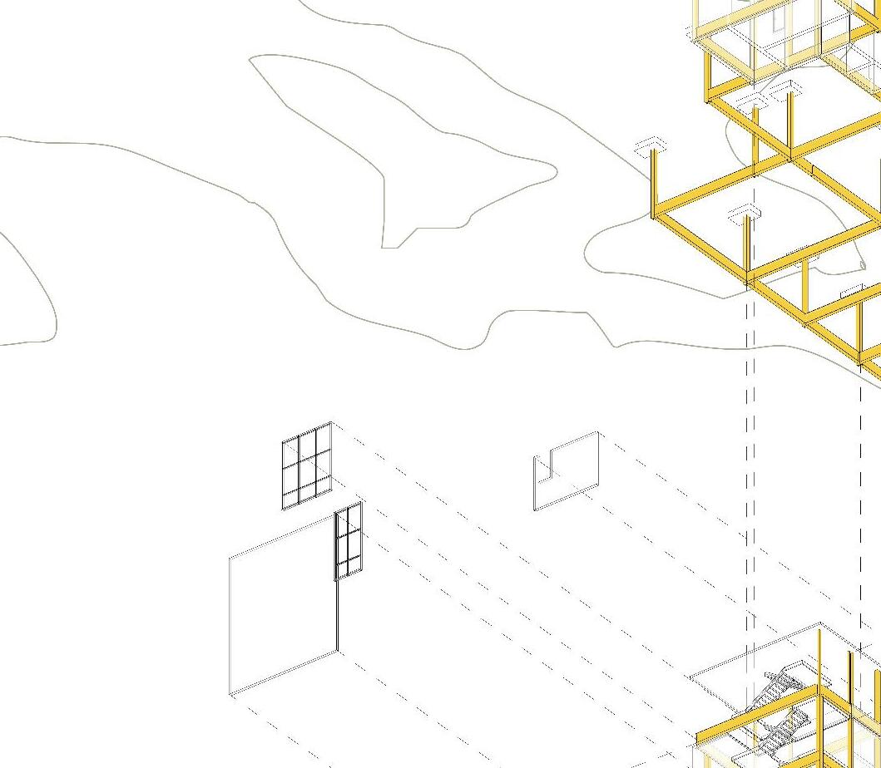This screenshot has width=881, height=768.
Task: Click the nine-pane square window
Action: tap(307, 465)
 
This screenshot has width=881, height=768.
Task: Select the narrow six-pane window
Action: tap(349, 541)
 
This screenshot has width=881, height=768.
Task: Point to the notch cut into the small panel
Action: tap(543, 465)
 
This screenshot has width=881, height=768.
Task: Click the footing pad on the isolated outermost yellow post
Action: tap(651, 145)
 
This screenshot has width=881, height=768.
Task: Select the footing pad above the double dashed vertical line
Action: tap(745, 214)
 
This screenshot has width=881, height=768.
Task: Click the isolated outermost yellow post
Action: tap(653, 183)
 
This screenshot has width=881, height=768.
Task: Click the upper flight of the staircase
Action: tap(782, 684)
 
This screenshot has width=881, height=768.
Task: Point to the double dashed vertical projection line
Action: tap(750, 457)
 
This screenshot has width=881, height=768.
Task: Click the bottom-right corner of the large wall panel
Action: tap(338, 652)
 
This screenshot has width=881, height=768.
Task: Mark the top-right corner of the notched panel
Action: tap(597, 432)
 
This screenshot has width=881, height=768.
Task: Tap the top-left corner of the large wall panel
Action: tap(230, 556)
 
